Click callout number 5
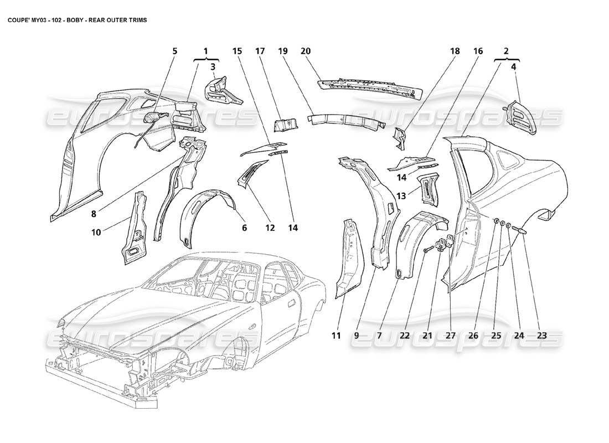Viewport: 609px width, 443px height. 175,51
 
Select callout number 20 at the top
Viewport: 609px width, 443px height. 305,51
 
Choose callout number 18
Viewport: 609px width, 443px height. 455,51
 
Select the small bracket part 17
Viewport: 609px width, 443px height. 286,125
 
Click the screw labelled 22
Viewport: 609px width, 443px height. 427,251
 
